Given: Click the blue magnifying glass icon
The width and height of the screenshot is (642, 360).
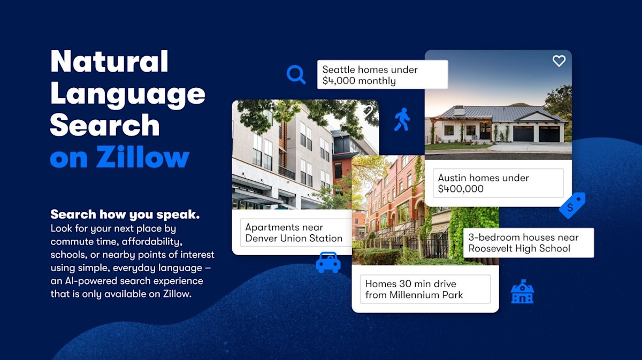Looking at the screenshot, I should (x=295, y=74).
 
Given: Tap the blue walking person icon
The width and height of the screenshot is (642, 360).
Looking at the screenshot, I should (x=402, y=119).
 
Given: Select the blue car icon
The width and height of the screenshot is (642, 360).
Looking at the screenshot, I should (x=328, y=262).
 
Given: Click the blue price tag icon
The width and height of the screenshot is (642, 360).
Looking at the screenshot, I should (x=572, y=205).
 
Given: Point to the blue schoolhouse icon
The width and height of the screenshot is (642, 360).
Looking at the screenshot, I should (x=522, y=292).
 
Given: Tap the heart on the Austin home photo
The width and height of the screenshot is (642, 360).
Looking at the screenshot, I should (x=559, y=61).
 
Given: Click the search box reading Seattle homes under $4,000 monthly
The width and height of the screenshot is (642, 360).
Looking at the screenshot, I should (x=382, y=75).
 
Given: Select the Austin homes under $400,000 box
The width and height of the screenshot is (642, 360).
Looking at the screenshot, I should (x=500, y=183).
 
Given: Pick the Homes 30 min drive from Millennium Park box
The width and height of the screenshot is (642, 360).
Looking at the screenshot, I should (x=425, y=289).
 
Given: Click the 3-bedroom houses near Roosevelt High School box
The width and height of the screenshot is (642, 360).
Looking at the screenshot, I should (x=528, y=243).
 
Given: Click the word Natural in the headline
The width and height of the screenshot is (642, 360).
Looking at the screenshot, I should (x=110, y=62).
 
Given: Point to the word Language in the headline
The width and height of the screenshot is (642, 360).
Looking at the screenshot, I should (x=128, y=94).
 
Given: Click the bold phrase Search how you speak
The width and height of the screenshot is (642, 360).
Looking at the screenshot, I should (x=125, y=215).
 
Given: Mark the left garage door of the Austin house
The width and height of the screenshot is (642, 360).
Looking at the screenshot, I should (x=523, y=133).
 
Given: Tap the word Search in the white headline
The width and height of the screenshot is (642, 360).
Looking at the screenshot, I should (x=105, y=125).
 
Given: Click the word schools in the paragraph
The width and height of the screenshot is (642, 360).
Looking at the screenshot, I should (x=68, y=255).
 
